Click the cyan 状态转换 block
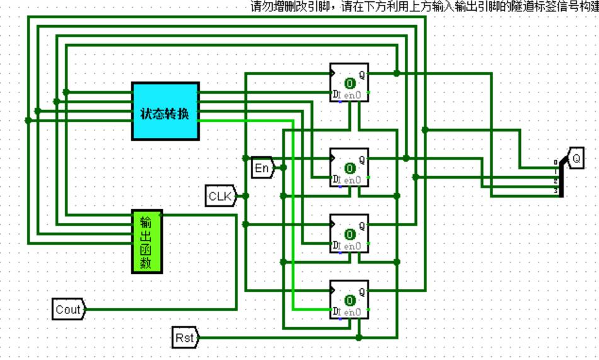[165, 111]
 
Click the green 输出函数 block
[147, 241]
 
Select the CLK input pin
[220, 196]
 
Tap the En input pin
[261, 167]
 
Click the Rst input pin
[185, 338]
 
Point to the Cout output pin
[69, 309]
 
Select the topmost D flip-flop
[350, 82]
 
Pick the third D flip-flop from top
[350, 233]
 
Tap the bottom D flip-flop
[350, 299]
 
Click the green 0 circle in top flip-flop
[349, 83]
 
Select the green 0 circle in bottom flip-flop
[349, 301]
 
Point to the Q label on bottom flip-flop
[362, 291]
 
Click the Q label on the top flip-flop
[362, 74]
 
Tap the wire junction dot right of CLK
[246, 196]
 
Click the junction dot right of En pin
[283, 167]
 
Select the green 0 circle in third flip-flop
[349, 235]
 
